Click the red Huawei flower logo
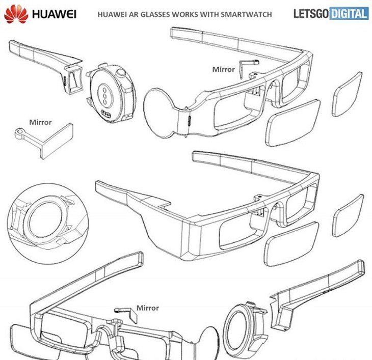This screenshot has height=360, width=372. pos(16,14)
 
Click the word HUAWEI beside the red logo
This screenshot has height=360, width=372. pos(55,14)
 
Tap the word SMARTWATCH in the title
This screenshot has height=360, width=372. pos(246,14)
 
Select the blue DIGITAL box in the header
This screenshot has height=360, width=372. pos(349,14)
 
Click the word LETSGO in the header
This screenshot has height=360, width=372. pos(311,14)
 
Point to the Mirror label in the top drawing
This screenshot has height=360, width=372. pos(224,69)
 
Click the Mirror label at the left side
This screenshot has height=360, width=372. pos(40,122)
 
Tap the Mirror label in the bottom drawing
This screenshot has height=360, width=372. pos(148,308)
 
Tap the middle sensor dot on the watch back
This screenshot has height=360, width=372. pos(104,96)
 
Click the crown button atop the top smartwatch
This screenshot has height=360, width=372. pos(120,72)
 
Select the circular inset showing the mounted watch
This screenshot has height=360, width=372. pos(48,224)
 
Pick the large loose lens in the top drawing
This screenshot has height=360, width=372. pos(293,123)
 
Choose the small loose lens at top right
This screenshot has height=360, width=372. pos(347,94)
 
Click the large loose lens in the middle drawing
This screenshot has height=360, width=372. pos(291,244)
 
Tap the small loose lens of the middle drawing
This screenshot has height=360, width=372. pos(348,215)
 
